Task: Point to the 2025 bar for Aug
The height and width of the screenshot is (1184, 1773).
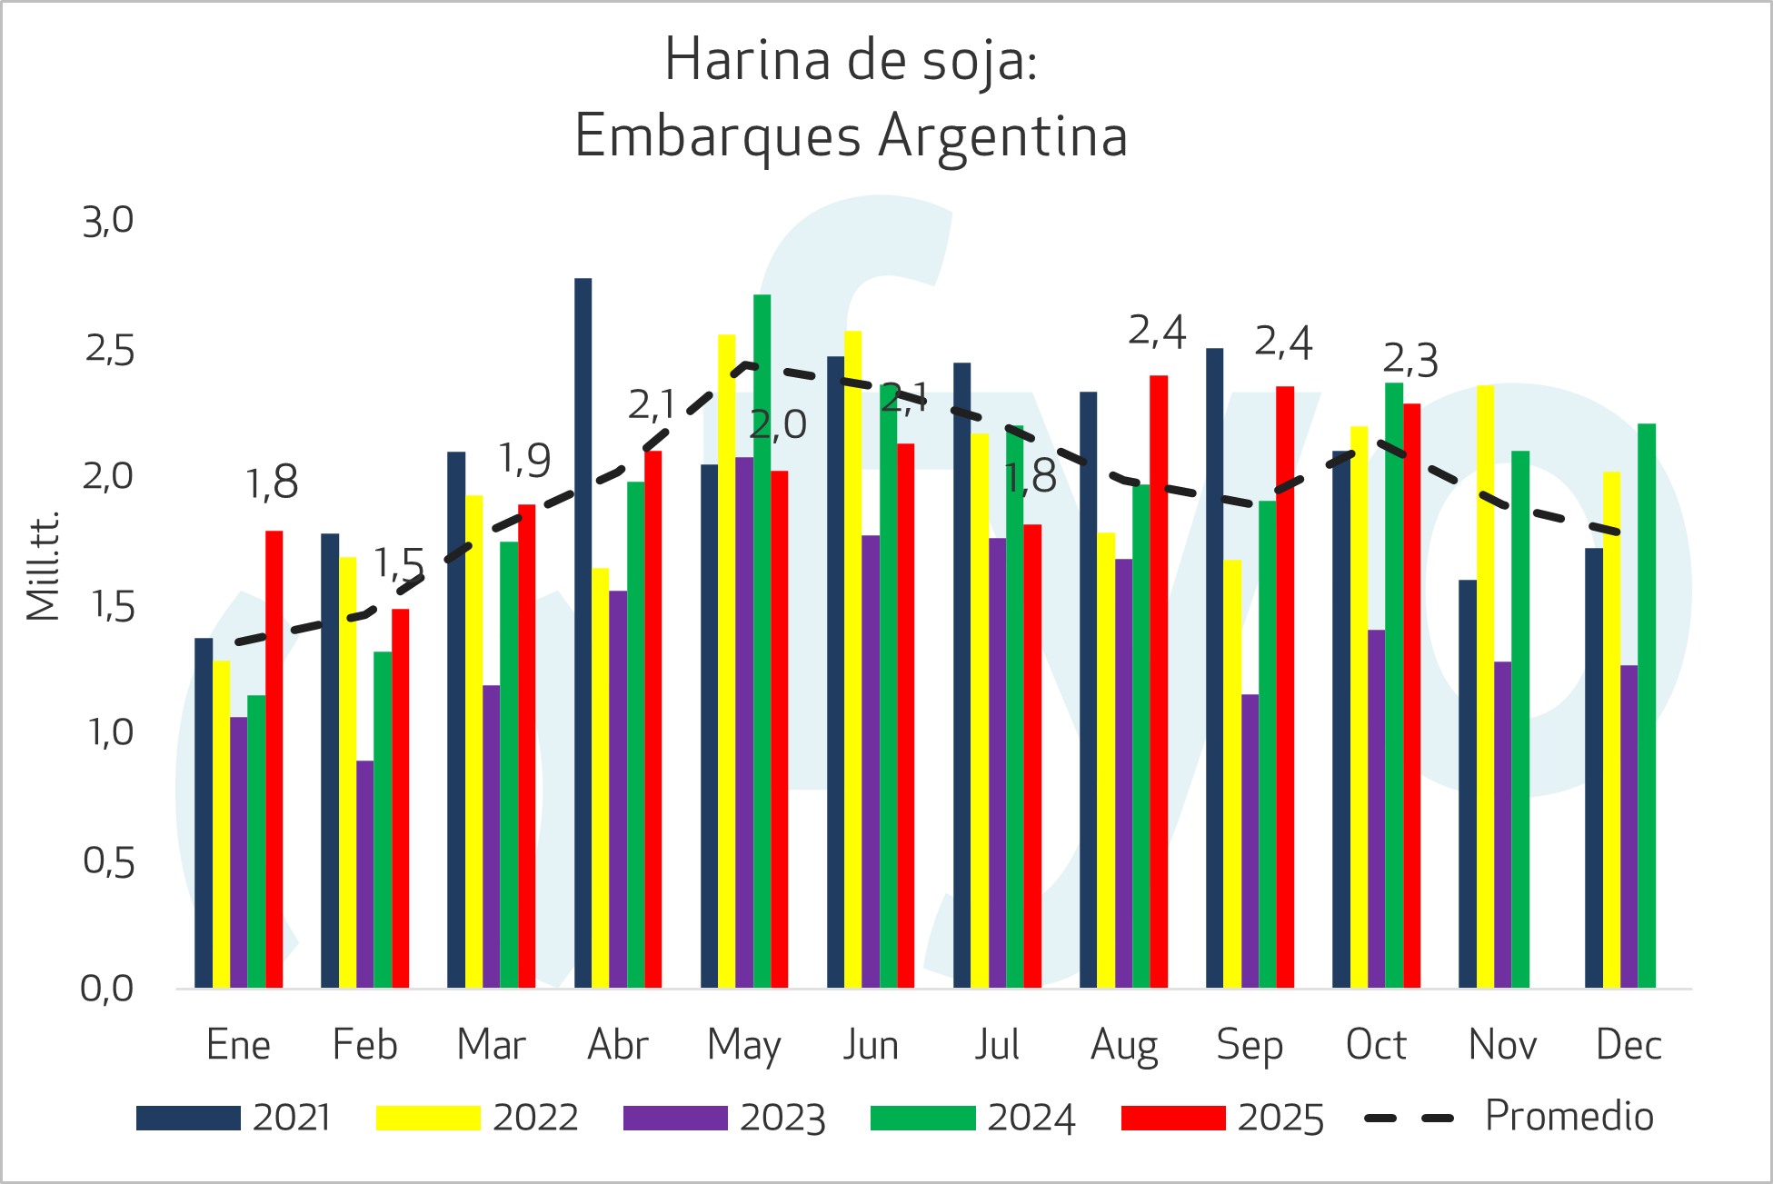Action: coord(1159,682)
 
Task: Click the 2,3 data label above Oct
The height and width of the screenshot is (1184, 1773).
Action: coord(1410,361)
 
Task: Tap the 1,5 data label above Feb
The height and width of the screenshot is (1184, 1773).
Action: coord(399,564)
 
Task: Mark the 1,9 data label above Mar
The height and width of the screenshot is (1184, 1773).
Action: coord(524,461)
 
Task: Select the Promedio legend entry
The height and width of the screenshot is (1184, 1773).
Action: coord(1509,1117)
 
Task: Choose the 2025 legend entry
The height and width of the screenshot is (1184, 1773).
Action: coord(1222,1118)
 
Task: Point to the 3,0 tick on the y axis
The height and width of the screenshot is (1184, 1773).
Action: coord(108,221)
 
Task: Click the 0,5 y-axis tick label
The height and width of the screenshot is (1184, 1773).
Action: coord(108,861)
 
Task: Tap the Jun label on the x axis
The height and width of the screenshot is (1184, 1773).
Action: coord(871,1045)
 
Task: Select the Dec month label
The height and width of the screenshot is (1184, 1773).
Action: coord(1629,1045)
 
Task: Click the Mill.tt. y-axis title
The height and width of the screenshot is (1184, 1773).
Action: coord(43,565)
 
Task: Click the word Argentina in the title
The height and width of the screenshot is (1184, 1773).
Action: coord(1003,136)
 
